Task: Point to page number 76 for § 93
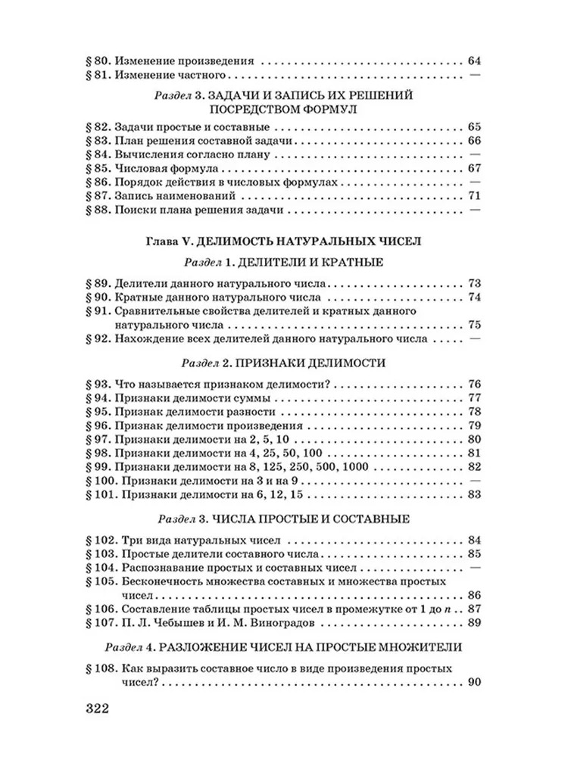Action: [x=475, y=384]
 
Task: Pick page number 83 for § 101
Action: [x=475, y=496]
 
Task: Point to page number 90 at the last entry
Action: [x=475, y=684]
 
